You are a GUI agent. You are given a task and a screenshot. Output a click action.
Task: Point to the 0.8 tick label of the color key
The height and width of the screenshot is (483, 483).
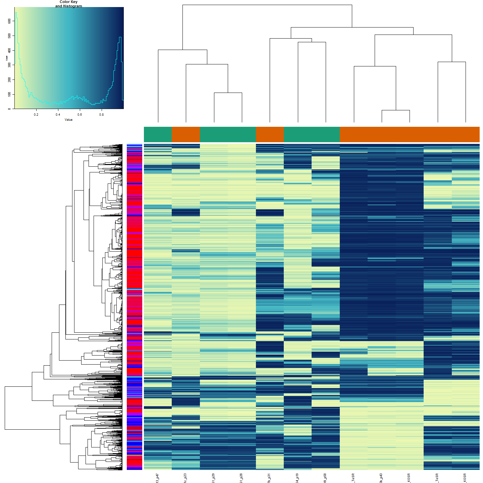pyautogui.click(x=101, y=114)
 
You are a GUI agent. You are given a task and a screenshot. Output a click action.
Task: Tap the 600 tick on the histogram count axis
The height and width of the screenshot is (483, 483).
pyautogui.click(x=9, y=21)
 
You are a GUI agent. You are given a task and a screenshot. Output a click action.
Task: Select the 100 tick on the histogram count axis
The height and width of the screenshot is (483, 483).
pyautogui.click(x=9, y=94)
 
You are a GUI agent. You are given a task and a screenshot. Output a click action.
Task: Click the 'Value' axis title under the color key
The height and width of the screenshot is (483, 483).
pyautogui.click(x=68, y=120)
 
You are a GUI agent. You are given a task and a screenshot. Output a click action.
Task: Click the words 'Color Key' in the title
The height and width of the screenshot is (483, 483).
pyautogui.click(x=68, y=2)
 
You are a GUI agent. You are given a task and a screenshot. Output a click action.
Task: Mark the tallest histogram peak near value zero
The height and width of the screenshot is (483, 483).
pyautogui.click(x=16, y=12)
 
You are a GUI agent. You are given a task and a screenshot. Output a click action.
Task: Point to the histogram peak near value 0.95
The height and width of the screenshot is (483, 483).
pyautogui.click(x=120, y=37)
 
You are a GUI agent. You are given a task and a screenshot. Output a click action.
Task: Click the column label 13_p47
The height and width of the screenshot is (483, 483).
pyautogui.click(x=157, y=478)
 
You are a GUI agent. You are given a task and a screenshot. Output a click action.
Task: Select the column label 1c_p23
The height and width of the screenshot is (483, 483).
pyautogui.click(x=185, y=478)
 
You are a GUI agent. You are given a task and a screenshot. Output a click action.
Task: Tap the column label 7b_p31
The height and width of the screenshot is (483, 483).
pyautogui.click(x=269, y=478)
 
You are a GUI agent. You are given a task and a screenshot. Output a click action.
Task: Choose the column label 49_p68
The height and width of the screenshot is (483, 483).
pyautogui.click(x=325, y=478)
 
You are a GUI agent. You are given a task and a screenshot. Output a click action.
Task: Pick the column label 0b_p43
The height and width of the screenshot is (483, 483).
pyautogui.click(x=381, y=478)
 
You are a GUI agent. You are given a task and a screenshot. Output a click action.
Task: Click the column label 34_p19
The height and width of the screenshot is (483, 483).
pyautogui.click(x=297, y=478)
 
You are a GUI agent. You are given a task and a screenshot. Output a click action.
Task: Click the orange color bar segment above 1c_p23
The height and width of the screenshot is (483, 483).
pyautogui.click(x=185, y=135)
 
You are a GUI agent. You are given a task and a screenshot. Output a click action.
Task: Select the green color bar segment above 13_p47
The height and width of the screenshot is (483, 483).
pyautogui.click(x=158, y=135)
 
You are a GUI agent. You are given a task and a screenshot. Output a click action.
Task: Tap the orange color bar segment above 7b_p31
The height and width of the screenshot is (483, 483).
pyautogui.click(x=270, y=135)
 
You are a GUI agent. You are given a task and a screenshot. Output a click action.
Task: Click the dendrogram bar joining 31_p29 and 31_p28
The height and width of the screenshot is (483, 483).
pyautogui.click(x=228, y=93)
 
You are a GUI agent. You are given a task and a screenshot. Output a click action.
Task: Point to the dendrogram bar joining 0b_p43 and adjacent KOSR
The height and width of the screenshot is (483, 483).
pyautogui.click(x=396, y=110)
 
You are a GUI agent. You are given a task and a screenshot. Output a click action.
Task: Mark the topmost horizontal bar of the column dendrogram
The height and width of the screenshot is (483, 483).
pyautogui.click(x=267, y=5)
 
